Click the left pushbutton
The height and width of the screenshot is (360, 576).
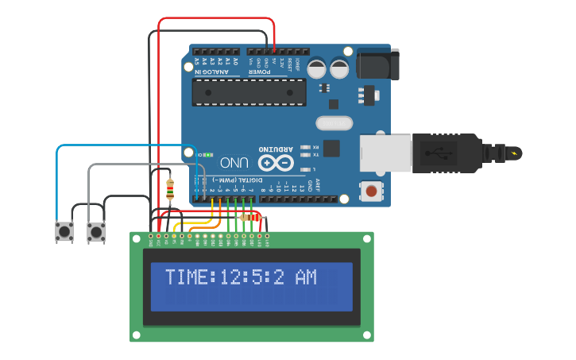tap(64, 231)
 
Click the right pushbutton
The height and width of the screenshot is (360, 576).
tap(96, 231)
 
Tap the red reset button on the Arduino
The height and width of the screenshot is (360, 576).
tap(370, 191)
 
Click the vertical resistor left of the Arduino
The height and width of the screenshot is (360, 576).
tap(170, 189)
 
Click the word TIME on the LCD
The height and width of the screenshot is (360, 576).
tap(186, 277)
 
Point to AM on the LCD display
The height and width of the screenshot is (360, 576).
tap(306, 277)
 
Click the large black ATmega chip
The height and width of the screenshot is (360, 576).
tap(249, 92)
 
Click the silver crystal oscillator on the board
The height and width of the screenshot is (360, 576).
tap(334, 123)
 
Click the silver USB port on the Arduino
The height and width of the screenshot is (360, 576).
tap(385, 152)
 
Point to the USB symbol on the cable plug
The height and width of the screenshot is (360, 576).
tap(435, 152)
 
